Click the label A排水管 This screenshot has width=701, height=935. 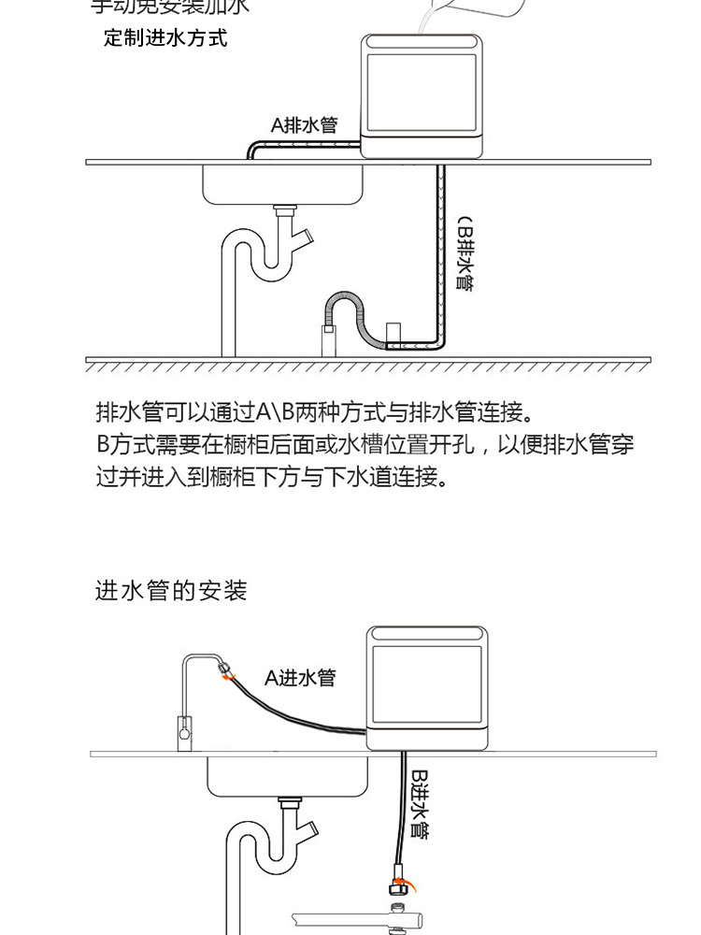point(304,124)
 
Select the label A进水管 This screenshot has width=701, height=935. point(299,677)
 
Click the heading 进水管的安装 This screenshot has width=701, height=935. point(171,591)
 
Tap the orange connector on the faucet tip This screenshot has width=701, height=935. point(225,669)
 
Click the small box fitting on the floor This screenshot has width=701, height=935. point(393,333)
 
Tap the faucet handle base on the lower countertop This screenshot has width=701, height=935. point(185,730)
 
